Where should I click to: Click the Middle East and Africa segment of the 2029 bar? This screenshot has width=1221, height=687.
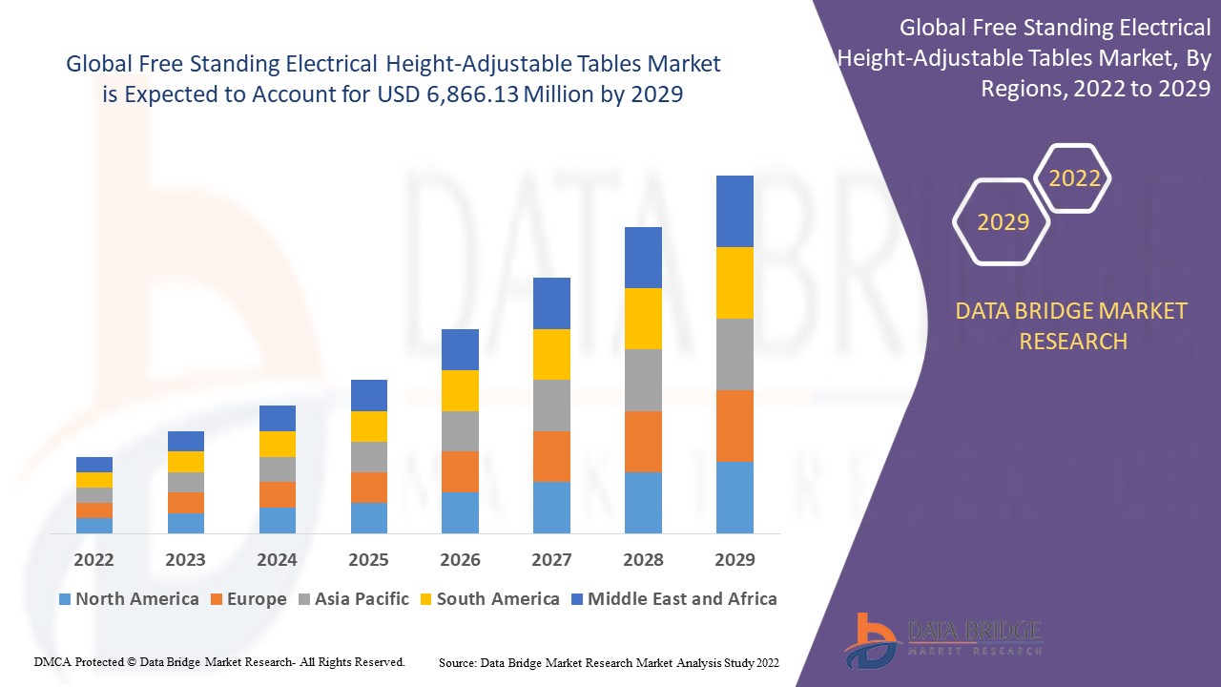(x=735, y=211)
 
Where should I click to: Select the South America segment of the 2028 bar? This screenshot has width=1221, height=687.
(x=643, y=319)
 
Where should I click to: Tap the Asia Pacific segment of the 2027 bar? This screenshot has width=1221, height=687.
(x=551, y=406)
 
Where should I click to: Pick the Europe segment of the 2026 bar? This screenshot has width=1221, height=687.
(x=460, y=471)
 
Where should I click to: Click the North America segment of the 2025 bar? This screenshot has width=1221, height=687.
(x=369, y=517)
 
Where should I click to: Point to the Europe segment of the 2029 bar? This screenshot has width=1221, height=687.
(x=735, y=426)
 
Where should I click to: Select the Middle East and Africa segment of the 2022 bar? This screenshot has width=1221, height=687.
(x=94, y=465)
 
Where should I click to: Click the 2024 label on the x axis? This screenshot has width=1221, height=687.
(x=277, y=559)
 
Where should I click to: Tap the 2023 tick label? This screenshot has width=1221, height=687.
(x=185, y=559)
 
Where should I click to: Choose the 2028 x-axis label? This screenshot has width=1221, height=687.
(x=643, y=559)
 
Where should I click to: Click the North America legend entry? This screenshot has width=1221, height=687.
(x=128, y=599)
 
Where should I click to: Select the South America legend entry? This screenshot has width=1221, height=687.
(x=487, y=599)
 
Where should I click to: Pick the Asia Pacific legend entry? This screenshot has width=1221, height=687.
(x=352, y=599)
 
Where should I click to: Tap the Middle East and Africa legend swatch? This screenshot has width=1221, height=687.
(x=576, y=599)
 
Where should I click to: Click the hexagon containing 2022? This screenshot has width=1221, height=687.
(x=1074, y=178)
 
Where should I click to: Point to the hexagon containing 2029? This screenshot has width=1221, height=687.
(x=1003, y=222)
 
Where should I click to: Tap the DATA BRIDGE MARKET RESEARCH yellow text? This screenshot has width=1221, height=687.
(x=1072, y=325)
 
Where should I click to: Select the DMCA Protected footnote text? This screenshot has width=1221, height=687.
(x=219, y=661)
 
